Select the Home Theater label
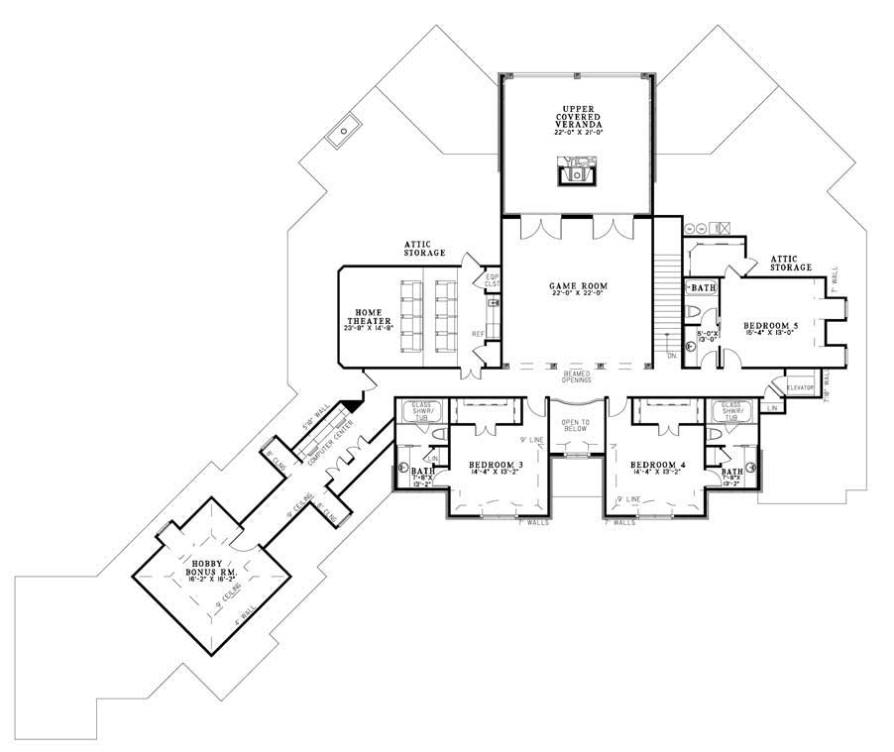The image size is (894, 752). pyautogui.click(x=365, y=319)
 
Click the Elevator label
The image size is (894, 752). pyautogui.click(x=800, y=387)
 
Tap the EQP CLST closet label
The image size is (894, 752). pyautogui.click(x=492, y=280)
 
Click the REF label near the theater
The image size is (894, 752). pyautogui.click(x=477, y=333)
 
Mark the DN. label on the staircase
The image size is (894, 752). pyautogui.click(x=671, y=355)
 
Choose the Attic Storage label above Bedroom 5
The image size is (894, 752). pyautogui.click(x=791, y=263)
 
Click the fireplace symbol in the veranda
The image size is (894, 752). pyautogui.click(x=576, y=174)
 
